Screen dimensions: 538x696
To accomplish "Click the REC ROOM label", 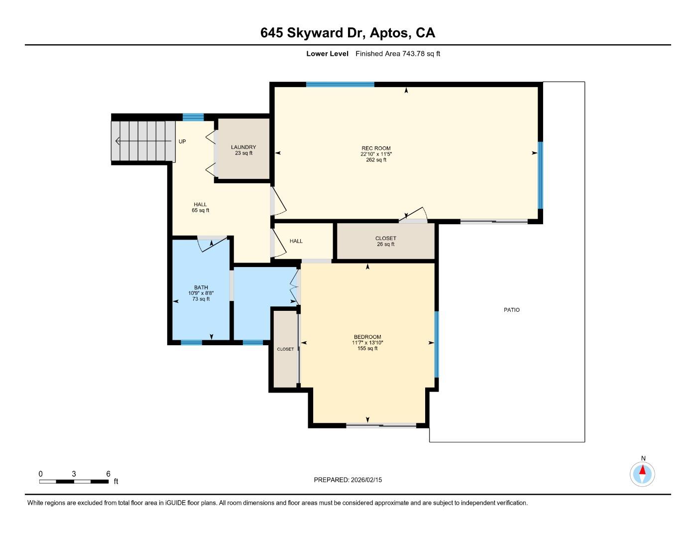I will tap(376, 148).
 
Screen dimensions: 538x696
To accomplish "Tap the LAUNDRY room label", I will tap(243, 147).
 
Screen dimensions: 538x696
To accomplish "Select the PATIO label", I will tap(511, 310).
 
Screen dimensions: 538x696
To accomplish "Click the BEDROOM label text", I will tap(367, 337).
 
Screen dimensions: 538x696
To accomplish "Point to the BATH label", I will tap(201, 287).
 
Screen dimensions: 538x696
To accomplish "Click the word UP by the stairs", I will tap(182, 141).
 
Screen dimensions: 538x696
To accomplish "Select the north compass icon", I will tap(642, 473).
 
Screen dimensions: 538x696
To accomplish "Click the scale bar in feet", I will tap(74, 481).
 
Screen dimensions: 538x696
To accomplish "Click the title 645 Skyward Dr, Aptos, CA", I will tap(348, 33).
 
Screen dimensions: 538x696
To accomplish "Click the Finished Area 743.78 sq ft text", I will tap(397, 54).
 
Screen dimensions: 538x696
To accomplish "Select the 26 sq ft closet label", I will tap(385, 244).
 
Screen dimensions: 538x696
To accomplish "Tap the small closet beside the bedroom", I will tap(285, 349).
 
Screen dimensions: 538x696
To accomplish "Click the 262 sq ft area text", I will tap(376, 160).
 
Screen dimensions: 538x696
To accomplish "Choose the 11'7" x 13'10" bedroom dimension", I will tap(367, 343).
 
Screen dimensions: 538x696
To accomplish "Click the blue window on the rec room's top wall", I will tap(340, 84).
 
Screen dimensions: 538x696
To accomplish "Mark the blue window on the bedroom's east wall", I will tap(437, 344).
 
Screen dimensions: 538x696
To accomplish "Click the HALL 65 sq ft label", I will tap(200, 207).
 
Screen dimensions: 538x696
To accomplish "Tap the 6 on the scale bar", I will tap(108, 474).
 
